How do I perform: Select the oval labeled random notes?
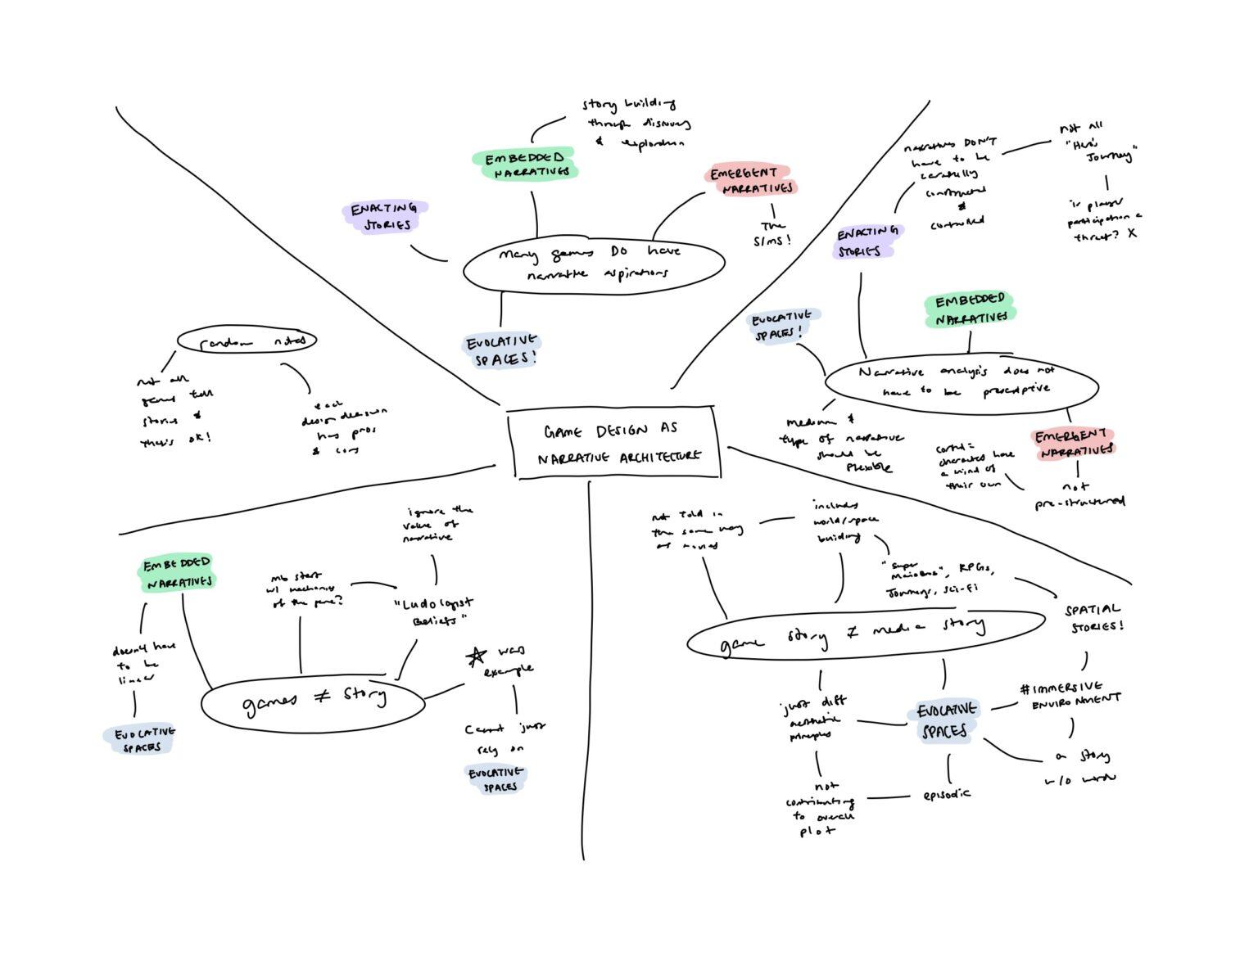tap(247, 341)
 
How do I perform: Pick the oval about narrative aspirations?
tap(593, 264)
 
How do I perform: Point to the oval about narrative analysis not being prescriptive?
tap(961, 381)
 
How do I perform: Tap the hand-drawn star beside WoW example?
tap(475, 656)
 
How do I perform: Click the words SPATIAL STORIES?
tap(1093, 618)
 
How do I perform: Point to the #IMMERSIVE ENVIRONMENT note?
tap(1071, 693)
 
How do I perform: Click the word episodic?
tap(946, 794)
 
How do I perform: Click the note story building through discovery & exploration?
tap(636, 124)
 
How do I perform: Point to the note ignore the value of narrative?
tap(437, 523)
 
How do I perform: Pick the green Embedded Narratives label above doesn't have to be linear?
tap(178, 573)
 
